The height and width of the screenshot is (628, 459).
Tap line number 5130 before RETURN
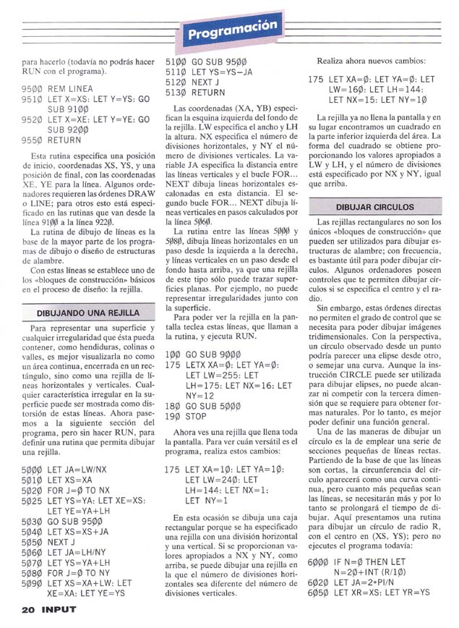pyautogui.click(x=176, y=93)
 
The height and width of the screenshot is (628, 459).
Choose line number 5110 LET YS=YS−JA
pyautogui.click(x=176, y=73)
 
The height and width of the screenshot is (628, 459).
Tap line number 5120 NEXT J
pyautogui.click(x=176, y=83)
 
